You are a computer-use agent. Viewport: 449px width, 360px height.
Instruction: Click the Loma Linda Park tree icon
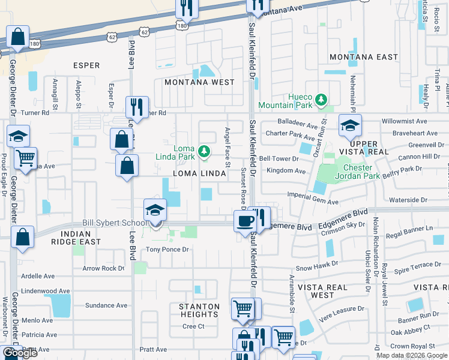(x=205, y=151)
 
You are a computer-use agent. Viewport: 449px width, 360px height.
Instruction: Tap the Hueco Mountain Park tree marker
(x=322, y=99)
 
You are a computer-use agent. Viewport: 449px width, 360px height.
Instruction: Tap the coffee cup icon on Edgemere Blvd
(x=245, y=221)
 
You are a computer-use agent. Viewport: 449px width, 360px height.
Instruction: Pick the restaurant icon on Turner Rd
(x=137, y=108)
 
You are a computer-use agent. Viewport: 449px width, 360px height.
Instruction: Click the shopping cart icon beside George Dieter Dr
(x=25, y=160)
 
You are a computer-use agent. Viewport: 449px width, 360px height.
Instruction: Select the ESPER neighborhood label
(x=86, y=65)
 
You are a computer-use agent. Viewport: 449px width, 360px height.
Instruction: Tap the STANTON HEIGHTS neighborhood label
(x=199, y=310)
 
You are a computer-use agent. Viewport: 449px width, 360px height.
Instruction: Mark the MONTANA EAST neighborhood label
(x=364, y=57)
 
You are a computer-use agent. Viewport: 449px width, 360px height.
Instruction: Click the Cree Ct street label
(x=194, y=326)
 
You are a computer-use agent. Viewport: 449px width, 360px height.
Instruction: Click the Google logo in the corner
(x=20, y=353)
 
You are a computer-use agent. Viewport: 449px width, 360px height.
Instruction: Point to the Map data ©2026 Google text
(x=411, y=355)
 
